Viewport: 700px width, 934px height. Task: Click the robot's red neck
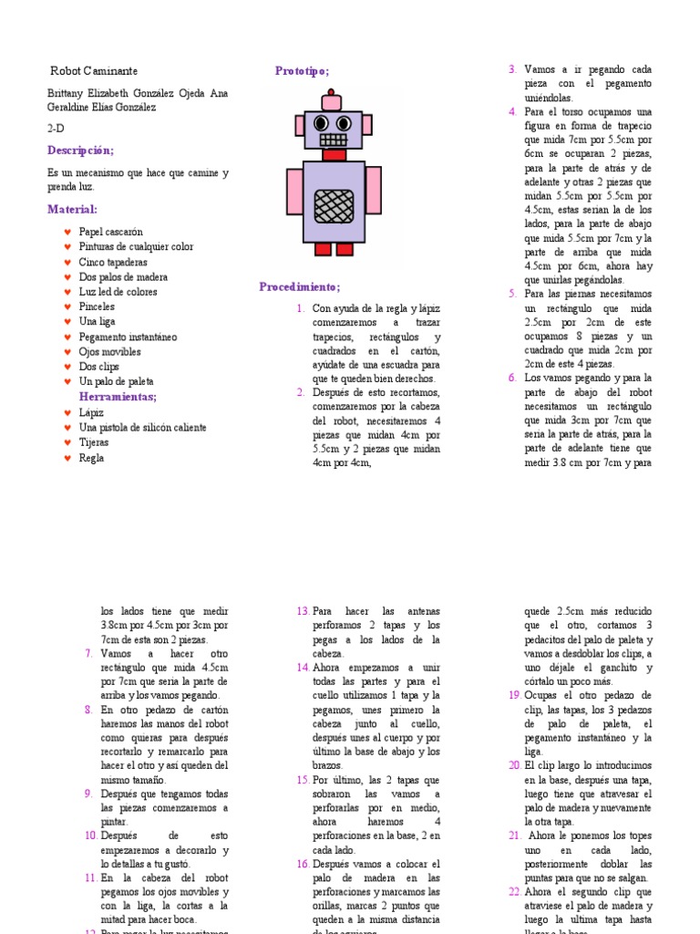click(x=334, y=155)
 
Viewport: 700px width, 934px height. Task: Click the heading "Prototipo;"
click(x=302, y=71)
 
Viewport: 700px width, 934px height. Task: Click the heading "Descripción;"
click(x=81, y=150)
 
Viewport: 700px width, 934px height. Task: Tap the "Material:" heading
click(x=72, y=210)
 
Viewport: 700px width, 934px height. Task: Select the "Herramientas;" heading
click(x=118, y=397)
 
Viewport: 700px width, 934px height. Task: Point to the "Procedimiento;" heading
click(x=299, y=287)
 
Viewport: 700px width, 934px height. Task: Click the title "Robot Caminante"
click(x=94, y=71)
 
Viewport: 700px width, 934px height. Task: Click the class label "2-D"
click(x=56, y=129)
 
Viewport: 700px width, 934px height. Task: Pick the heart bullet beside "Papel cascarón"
click(x=67, y=233)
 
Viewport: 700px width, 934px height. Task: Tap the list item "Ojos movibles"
click(x=109, y=352)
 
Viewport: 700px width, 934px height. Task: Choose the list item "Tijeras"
click(x=94, y=442)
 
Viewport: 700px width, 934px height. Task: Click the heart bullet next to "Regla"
click(x=67, y=458)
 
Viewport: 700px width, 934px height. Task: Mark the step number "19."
click(x=514, y=695)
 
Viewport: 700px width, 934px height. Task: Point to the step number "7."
click(x=88, y=653)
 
